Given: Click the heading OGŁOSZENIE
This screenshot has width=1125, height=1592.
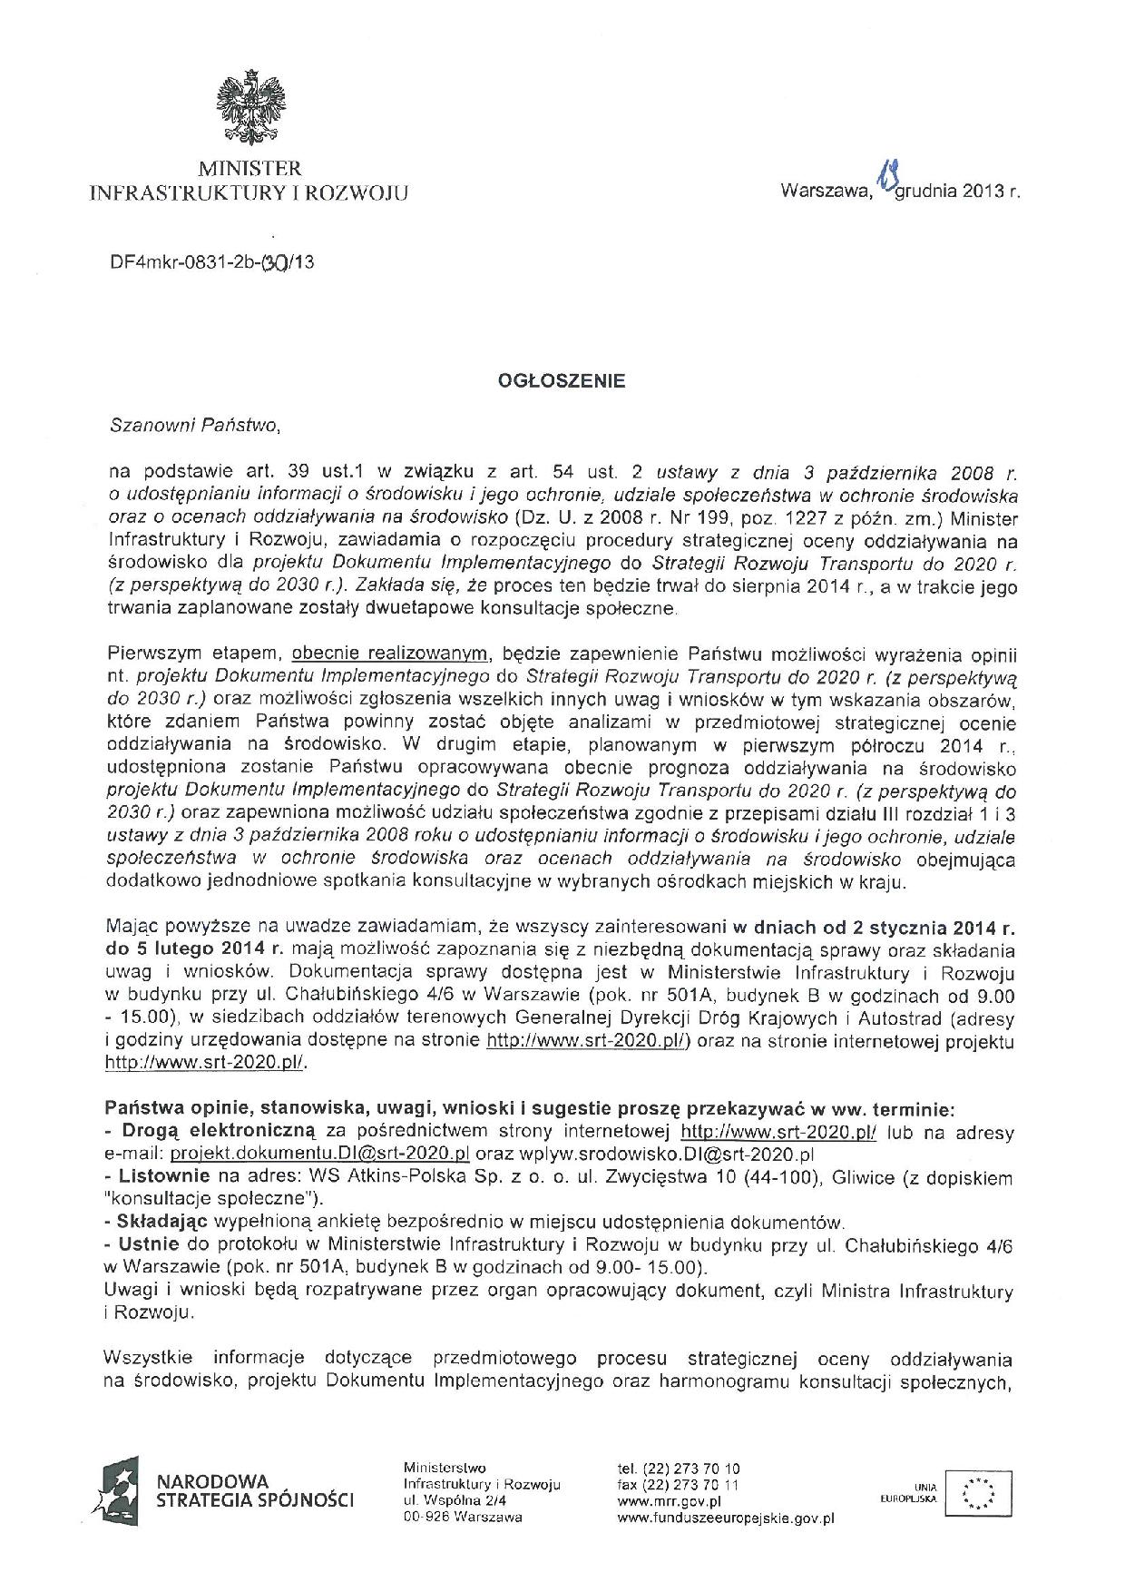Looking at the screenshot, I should (x=562, y=381).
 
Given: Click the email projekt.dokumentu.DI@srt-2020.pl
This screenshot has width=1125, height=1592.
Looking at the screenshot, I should (x=319, y=1155).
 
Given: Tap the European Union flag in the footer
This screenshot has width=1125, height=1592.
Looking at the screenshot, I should (x=977, y=1492).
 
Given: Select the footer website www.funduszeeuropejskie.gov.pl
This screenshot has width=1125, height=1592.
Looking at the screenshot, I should (x=726, y=1517).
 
